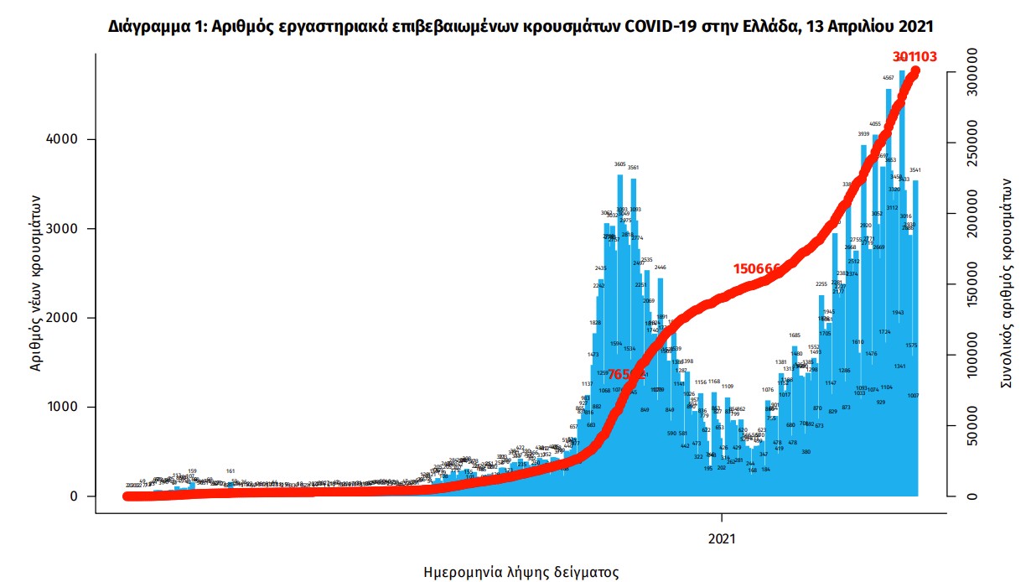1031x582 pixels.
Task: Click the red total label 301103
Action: (x=914, y=57)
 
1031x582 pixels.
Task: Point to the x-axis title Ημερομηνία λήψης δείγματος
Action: (x=521, y=574)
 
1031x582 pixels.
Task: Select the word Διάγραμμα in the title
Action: (x=148, y=27)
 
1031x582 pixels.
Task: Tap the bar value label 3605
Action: (x=620, y=165)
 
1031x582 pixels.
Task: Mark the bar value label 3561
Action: (x=634, y=168)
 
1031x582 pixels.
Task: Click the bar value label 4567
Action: (x=889, y=78)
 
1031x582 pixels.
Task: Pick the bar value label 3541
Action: (x=915, y=170)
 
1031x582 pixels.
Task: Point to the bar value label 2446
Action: (x=660, y=268)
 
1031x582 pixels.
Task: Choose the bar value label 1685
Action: (x=795, y=335)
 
